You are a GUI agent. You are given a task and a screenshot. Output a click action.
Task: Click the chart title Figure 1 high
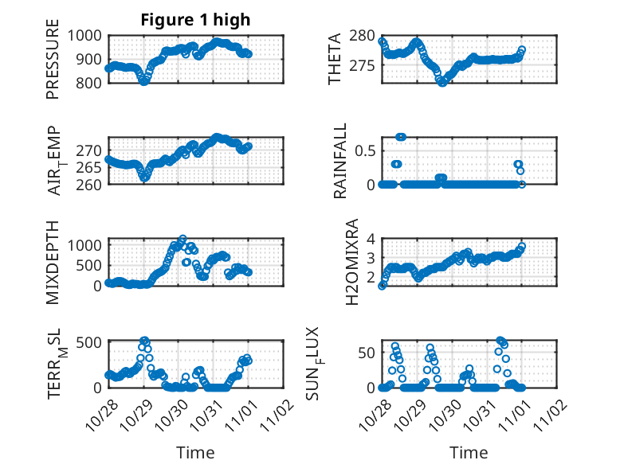(195, 20)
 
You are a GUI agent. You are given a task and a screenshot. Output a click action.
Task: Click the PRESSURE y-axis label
(53, 64)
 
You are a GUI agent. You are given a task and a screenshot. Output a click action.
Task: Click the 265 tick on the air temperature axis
(90, 167)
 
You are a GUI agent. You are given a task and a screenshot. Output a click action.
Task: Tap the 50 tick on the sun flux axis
(367, 353)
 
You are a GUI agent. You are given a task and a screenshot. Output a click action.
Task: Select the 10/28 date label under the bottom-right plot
(373, 415)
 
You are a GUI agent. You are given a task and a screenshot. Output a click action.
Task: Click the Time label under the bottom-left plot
(195, 452)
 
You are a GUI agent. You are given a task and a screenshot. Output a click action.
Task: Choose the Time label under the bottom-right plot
(469, 452)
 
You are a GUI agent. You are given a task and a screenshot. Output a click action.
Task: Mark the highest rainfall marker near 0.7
(401, 137)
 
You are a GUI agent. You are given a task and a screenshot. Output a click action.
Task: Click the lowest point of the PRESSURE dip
(144, 81)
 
